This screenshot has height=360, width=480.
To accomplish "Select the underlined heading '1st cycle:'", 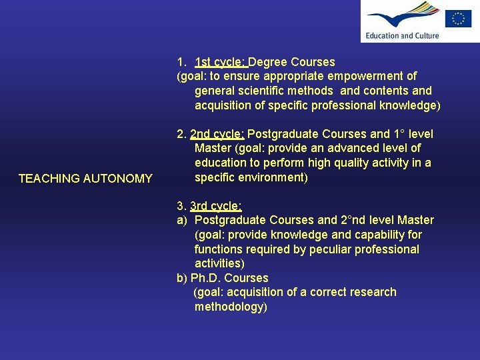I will pyautogui.click(x=221, y=62).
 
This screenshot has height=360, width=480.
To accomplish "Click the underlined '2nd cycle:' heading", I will pyautogui.click(x=217, y=134).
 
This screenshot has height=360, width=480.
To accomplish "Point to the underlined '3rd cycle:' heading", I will pyautogui.click(x=216, y=206).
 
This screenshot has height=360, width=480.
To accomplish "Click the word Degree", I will pyautogui.click(x=268, y=62).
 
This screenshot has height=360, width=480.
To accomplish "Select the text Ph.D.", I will pyautogui.click(x=206, y=278).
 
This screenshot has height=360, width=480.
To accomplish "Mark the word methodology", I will pyautogui.click(x=229, y=307).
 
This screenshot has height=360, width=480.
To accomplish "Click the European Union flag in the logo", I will pyautogui.click(x=458, y=18).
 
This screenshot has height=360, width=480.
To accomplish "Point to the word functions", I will pyautogui.click(x=219, y=249).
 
